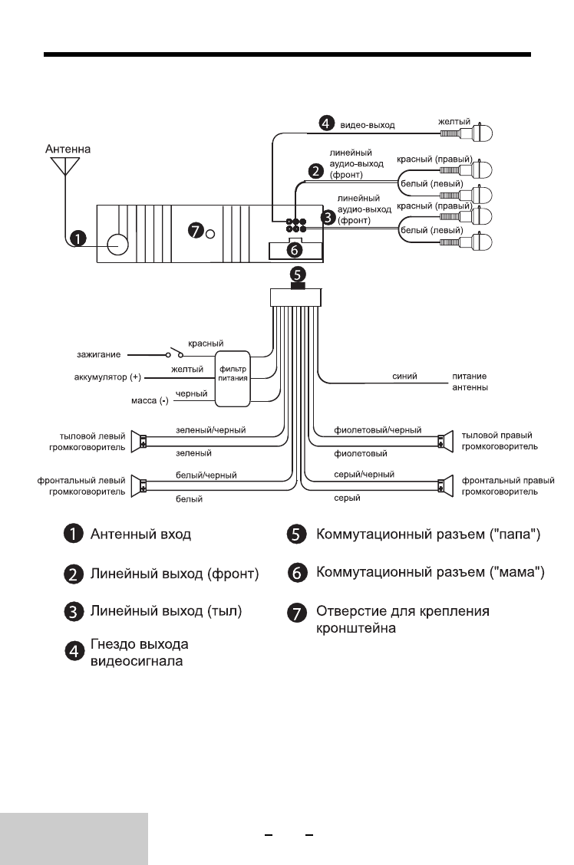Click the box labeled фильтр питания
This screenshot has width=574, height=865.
tap(232, 379)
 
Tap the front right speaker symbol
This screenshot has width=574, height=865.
tap(442, 485)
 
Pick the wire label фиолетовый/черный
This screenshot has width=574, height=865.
tap(368, 431)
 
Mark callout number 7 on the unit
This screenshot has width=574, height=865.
tap(195, 230)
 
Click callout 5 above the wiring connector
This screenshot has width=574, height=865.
tap(296, 273)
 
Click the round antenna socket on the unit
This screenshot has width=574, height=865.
tap(117, 244)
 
